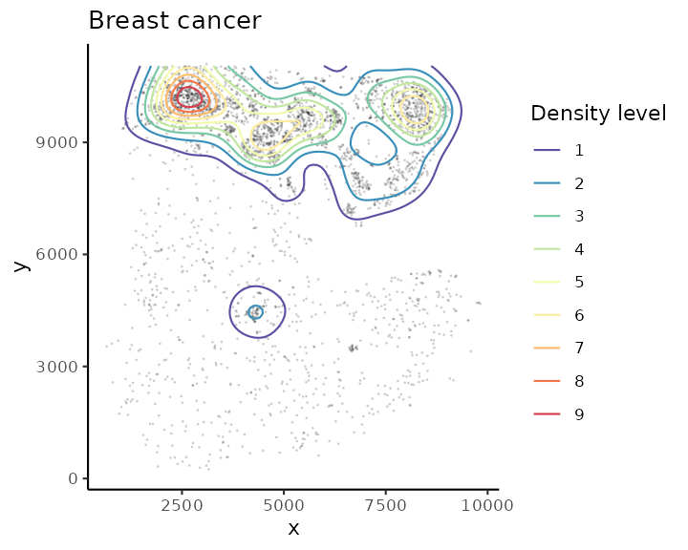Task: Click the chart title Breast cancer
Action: [175, 21]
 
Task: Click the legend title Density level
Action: [598, 114]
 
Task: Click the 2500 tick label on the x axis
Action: [182, 503]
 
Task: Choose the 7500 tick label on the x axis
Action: [386, 503]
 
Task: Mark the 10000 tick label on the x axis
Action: [488, 503]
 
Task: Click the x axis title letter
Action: [293, 528]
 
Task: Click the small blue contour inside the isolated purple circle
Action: [255, 311]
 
